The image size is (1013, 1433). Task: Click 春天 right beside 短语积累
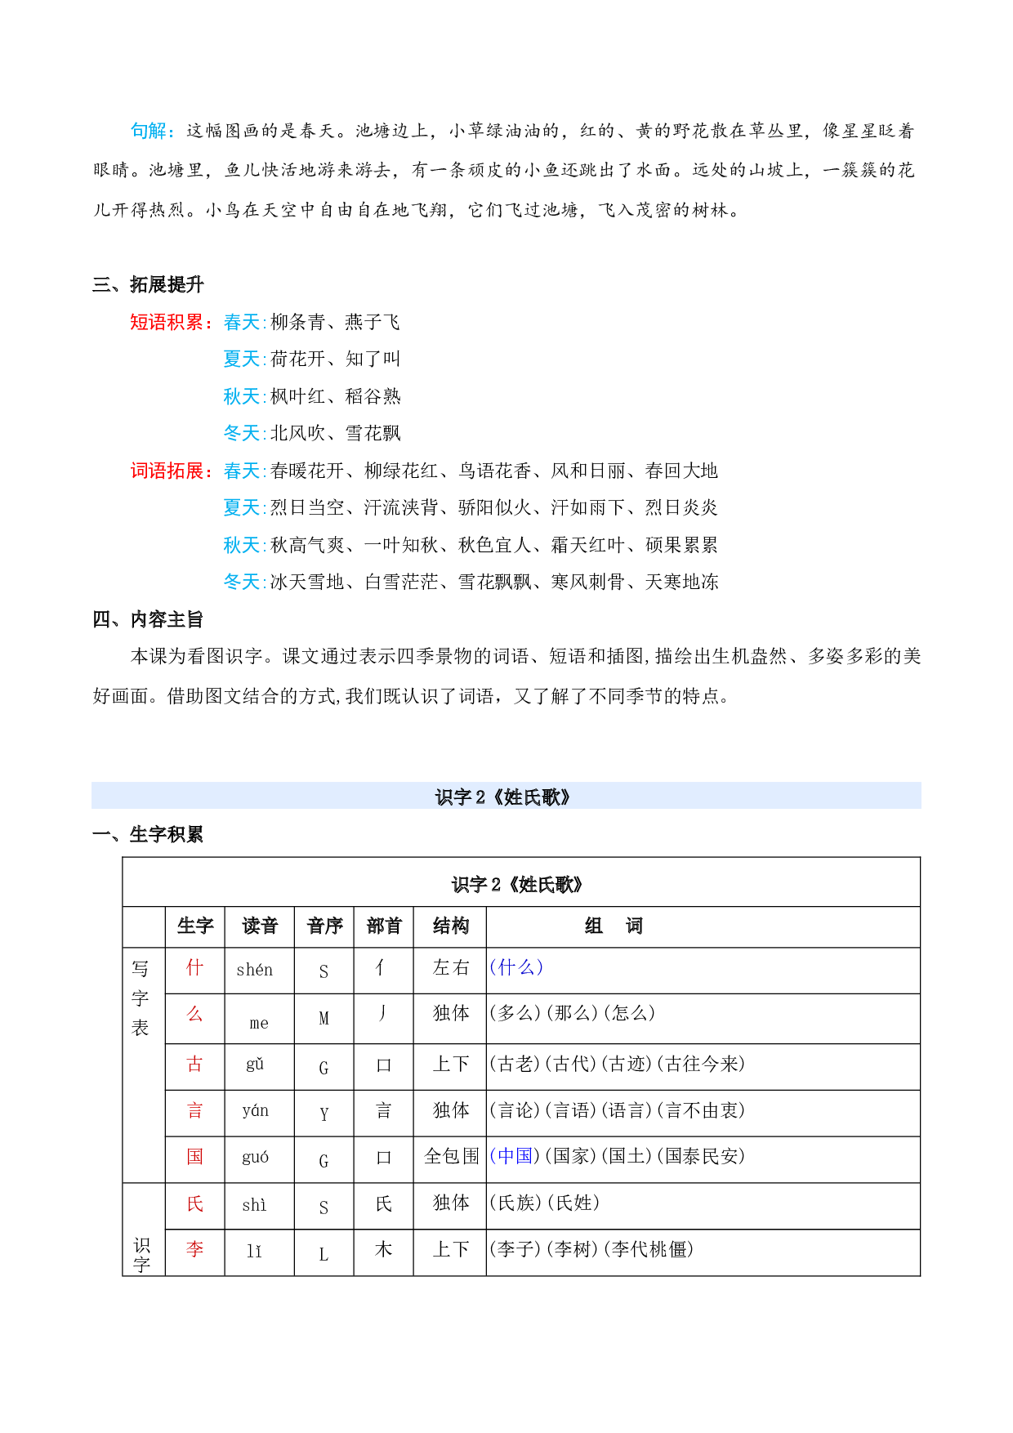point(243,323)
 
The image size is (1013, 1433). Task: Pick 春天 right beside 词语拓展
point(243,471)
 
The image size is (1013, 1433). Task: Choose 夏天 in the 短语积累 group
point(243,359)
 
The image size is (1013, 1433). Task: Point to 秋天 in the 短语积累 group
point(243,397)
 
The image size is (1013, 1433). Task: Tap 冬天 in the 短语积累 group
point(243,434)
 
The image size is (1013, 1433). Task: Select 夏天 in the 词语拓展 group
point(243,508)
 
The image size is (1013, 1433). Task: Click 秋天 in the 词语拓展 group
point(243,546)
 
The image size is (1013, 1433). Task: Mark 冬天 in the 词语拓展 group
point(243,583)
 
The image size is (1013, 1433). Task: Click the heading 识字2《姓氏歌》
point(504,797)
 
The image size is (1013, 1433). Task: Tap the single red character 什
point(194,968)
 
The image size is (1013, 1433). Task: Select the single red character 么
point(194,1015)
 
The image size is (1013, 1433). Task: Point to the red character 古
point(194,1064)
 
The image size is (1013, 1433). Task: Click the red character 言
point(194,1110)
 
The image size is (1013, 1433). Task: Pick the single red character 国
point(194,1157)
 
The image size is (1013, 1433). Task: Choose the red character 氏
point(194,1203)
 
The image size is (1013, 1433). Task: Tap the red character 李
point(194,1249)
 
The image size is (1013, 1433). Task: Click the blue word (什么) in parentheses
point(516,968)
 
